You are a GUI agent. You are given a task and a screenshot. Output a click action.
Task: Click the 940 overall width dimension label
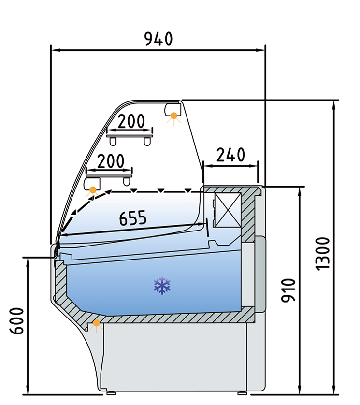(x=158, y=39)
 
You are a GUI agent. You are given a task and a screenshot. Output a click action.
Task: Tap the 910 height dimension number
(x=288, y=290)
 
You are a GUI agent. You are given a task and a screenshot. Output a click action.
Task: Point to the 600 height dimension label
(x=17, y=320)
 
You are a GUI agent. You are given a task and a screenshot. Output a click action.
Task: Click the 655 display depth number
(x=133, y=218)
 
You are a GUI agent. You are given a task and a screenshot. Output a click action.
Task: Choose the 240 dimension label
(x=230, y=155)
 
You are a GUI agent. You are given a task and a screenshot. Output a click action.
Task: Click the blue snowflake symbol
(x=162, y=286)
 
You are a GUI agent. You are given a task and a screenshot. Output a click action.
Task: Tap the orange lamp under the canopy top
(x=173, y=115)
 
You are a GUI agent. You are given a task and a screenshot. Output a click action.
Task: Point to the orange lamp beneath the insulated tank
(x=96, y=323)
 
